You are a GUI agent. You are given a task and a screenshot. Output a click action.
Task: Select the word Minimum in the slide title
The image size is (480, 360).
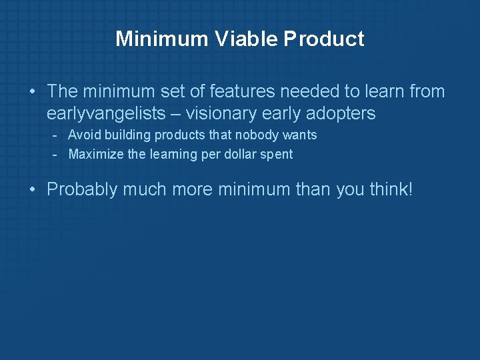pos(162,39)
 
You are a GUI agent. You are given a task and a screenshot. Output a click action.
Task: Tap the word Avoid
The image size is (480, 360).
pos(84,135)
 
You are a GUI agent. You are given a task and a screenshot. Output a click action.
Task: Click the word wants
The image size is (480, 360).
pos(300,135)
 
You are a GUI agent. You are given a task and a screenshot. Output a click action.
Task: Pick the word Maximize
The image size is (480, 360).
pos(95,155)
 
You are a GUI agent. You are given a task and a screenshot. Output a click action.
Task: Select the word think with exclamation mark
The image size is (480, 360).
pos(391,189)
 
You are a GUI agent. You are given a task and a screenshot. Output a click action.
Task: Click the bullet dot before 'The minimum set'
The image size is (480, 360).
pos(33,92)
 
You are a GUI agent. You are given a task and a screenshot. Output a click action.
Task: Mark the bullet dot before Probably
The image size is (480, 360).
pos(33,190)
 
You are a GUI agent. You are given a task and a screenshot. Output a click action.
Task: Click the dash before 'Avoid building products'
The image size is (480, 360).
pos(56,135)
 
